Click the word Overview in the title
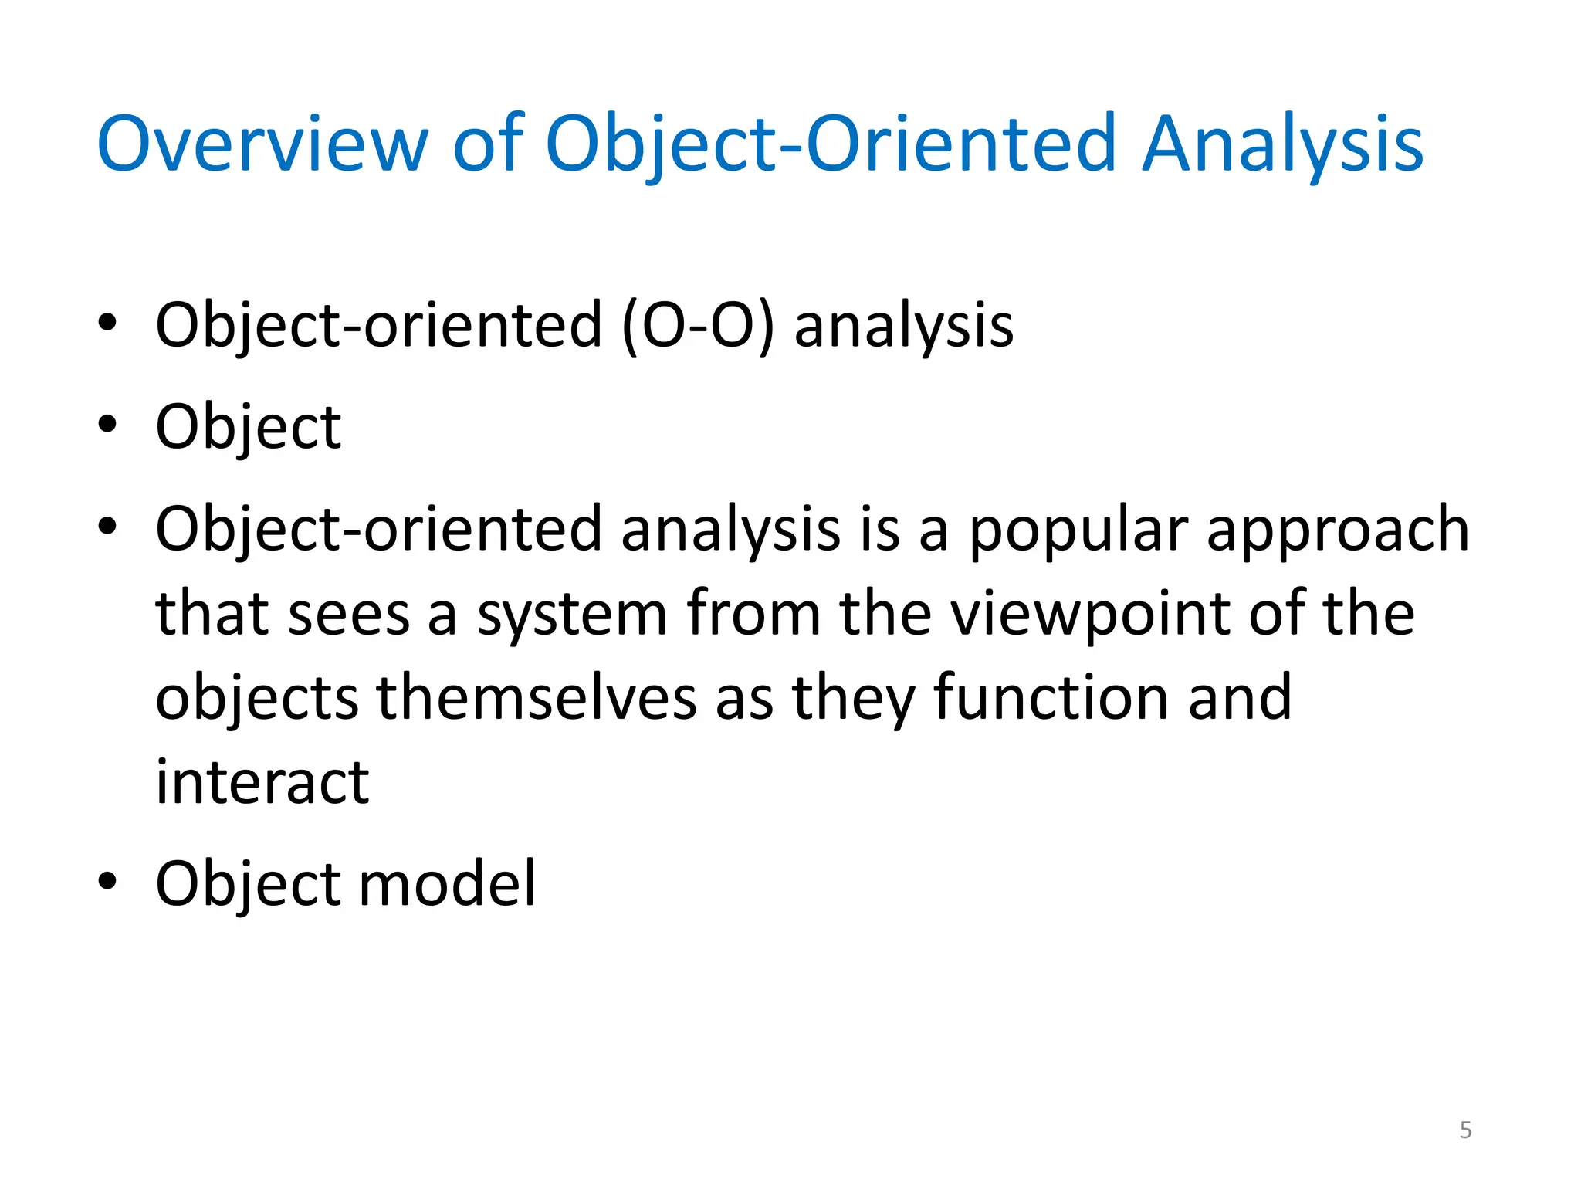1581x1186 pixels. pos(262,144)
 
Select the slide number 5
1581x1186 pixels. pos(1465,1130)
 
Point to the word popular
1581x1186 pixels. pos(1078,530)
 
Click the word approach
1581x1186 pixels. pos(1338,530)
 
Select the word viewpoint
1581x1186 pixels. pos(1090,614)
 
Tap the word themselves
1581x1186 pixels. pos(537,697)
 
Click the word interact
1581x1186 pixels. pos(262,782)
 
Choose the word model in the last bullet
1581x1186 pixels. pos(447,883)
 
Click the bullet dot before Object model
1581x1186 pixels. pos(107,881)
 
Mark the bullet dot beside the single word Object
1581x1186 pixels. pos(107,424)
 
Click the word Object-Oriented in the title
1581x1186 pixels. pos(831,144)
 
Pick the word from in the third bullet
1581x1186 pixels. pos(753,614)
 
